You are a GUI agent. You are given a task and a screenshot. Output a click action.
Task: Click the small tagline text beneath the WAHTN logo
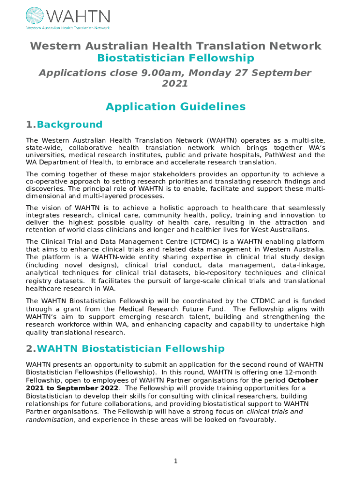(x=67, y=28)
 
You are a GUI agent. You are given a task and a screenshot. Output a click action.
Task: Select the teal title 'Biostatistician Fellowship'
(x=176, y=58)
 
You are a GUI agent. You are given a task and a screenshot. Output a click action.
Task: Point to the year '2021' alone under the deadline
(x=175, y=84)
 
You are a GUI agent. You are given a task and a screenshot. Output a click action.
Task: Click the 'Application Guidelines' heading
(x=176, y=107)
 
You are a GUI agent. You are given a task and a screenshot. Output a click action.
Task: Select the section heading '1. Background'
(x=65, y=124)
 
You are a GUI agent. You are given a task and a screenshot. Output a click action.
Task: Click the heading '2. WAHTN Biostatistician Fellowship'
(x=125, y=348)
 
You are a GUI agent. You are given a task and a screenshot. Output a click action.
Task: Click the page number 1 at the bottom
(x=176, y=461)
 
